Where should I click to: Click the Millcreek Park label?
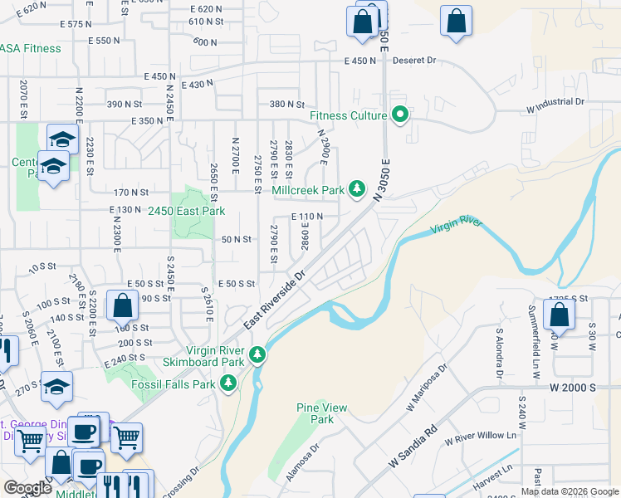pyautogui.click(x=308, y=190)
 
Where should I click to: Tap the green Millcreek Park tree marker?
pyautogui.click(x=357, y=190)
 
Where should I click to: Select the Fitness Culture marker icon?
pyautogui.click(x=400, y=115)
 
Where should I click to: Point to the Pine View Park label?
pyautogui.click(x=322, y=413)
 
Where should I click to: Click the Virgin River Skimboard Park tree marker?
pyautogui.click(x=258, y=355)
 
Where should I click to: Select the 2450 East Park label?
pyautogui.click(x=187, y=211)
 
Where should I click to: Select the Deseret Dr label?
pyautogui.click(x=413, y=61)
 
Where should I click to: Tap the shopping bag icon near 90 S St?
pyautogui.click(x=123, y=306)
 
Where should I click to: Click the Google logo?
pyautogui.click(x=27, y=488)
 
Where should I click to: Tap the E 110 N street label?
pyautogui.click(x=306, y=217)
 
